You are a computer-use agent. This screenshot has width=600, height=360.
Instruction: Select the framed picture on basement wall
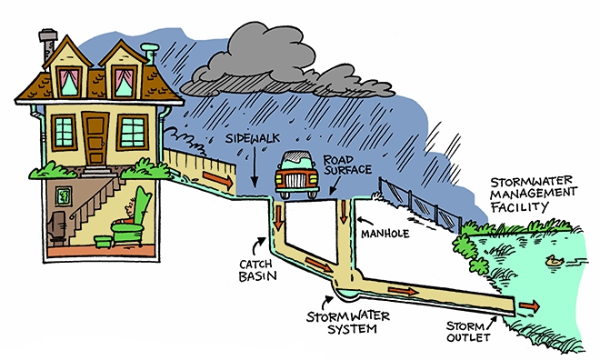pyautogui.click(x=64, y=194)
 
